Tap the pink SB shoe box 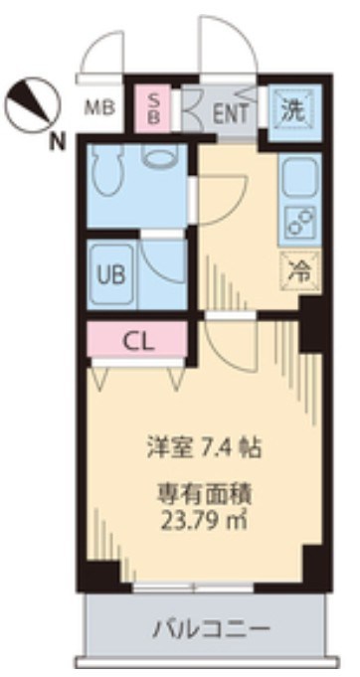pos(155,106)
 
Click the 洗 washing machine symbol pos(291,109)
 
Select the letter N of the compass pos(59,140)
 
